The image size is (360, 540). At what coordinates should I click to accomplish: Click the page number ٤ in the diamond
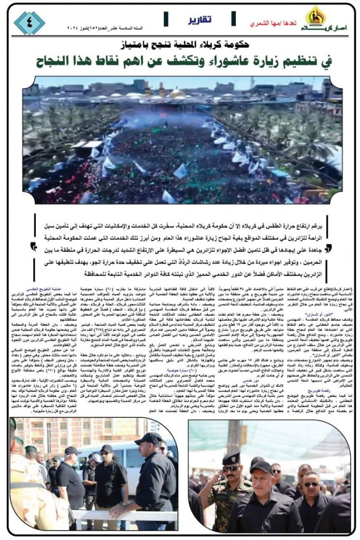(x=29, y=23)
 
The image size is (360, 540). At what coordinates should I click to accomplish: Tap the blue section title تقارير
(x=200, y=20)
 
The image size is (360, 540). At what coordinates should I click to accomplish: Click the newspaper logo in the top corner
(x=316, y=19)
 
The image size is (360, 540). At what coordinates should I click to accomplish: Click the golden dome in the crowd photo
(x=177, y=94)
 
